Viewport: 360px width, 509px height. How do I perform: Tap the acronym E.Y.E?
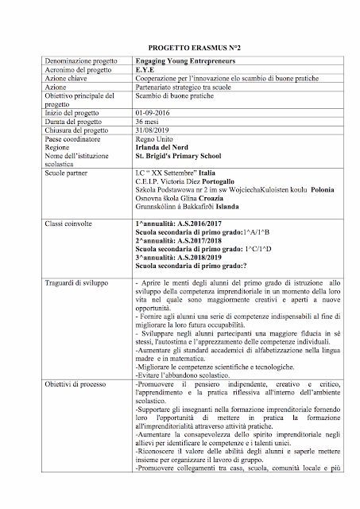click(147, 70)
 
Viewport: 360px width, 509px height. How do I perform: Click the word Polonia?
click(328, 191)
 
